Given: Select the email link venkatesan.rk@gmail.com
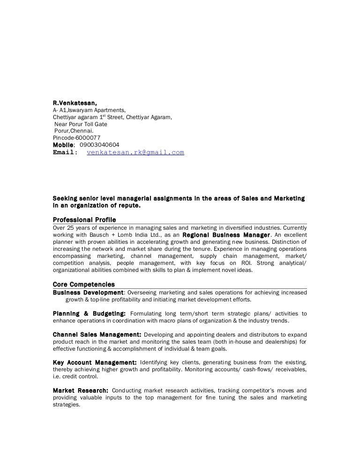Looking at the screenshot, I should pyautogui.click(x=135, y=152).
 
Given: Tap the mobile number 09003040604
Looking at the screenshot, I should pyautogui.click(x=99, y=145).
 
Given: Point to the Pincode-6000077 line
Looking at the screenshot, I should pyautogui.click(x=76, y=138).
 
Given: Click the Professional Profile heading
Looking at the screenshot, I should pyautogui.click(x=84, y=220).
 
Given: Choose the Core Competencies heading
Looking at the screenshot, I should pyautogui.click(x=83, y=285).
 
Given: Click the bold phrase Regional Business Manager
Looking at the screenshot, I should pyautogui.click(x=226, y=235).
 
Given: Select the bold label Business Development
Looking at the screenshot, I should pyautogui.click(x=88, y=293).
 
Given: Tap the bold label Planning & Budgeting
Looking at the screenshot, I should pyautogui.click(x=89, y=314).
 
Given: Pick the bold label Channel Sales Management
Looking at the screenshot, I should pyautogui.click(x=97, y=335).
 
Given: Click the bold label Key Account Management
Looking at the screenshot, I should pyautogui.click(x=95, y=362).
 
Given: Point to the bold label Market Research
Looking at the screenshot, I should pyautogui.click(x=81, y=391).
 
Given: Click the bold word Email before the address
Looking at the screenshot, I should pyautogui.click(x=64, y=152).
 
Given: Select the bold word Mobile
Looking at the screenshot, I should pyautogui.click(x=63, y=145).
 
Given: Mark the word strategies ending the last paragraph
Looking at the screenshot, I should pyautogui.click(x=66, y=405).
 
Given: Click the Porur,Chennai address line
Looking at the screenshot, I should pyautogui.click(x=74, y=131).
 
